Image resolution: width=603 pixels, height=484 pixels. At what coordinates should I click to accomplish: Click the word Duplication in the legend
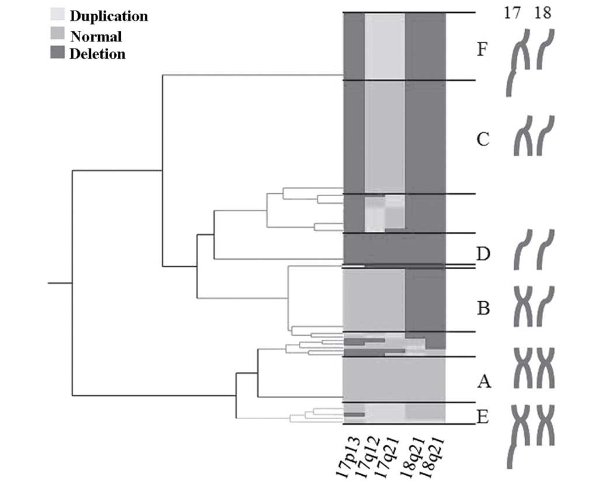click(109, 16)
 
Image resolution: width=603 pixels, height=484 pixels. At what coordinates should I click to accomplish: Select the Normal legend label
click(96, 36)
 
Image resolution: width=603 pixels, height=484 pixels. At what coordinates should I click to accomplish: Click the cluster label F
click(482, 49)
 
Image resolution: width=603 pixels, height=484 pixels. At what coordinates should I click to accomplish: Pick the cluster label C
click(482, 140)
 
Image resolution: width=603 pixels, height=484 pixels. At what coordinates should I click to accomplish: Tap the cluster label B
click(483, 308)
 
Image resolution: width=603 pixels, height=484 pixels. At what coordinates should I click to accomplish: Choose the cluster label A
click(483, 382)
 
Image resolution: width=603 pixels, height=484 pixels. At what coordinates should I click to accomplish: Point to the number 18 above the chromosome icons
click(542, 13)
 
